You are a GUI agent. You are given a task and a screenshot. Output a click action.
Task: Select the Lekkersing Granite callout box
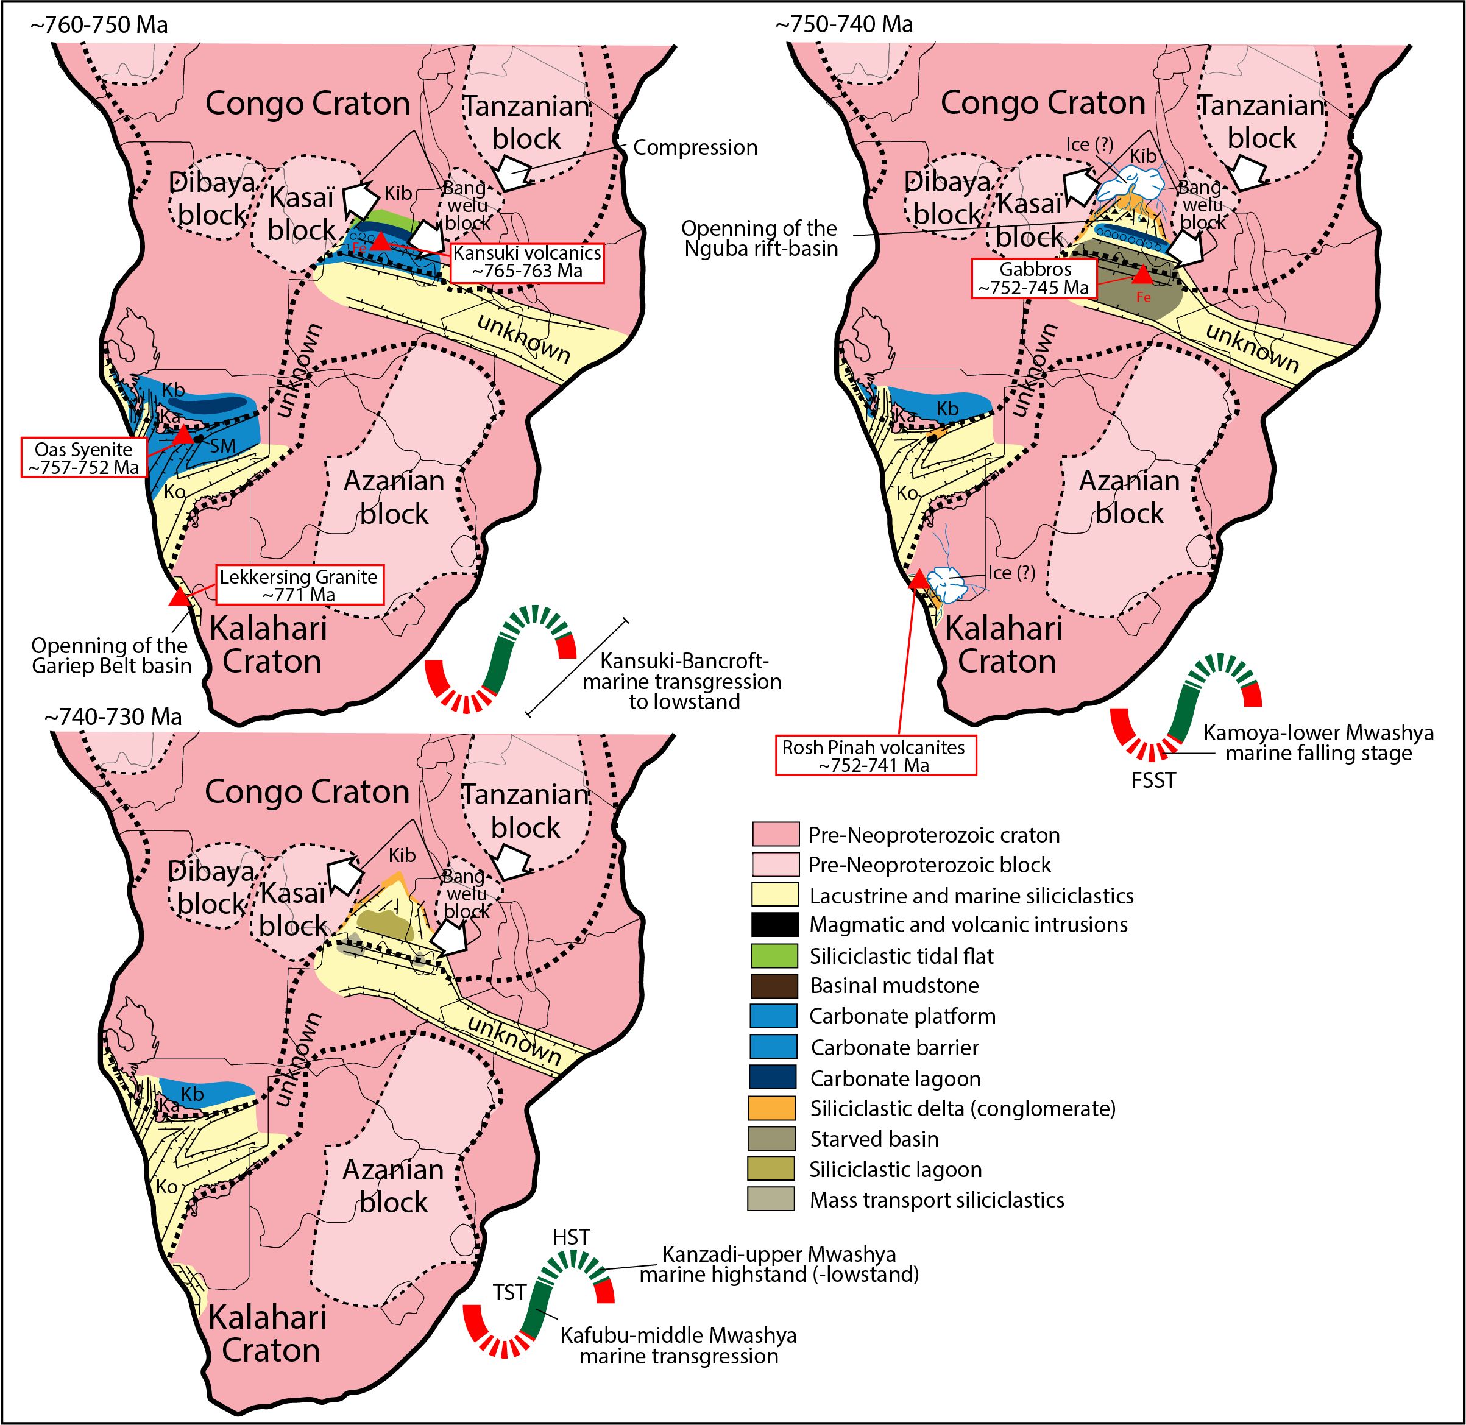299,584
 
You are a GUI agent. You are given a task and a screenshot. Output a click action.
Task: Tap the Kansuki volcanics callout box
527,262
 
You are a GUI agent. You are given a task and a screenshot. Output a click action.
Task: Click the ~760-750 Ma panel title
98,25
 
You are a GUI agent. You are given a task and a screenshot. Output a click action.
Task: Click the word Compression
695,147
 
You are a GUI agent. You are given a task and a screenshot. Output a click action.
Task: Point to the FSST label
1153,780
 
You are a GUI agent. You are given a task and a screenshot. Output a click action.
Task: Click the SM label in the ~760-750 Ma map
223,447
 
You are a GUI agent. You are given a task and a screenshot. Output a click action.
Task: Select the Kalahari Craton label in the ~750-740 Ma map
1004,645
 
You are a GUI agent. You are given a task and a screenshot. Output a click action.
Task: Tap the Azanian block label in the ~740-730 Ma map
394,1186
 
